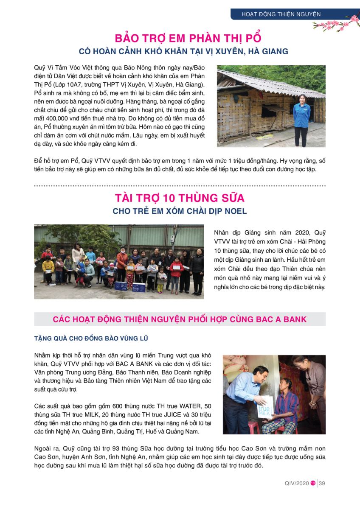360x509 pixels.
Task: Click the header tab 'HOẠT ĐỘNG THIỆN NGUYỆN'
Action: pyautogui.click(x=281, y=14)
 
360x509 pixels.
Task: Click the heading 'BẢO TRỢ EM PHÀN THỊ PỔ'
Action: pyautogui.click(x=183, y=39)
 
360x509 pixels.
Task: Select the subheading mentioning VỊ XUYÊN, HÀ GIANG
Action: pyautogui.click(x=183, y=51)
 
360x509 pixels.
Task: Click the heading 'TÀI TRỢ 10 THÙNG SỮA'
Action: pyautogui.click(x=180, y=198)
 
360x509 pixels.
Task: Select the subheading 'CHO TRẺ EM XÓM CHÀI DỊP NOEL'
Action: pyautogui.click(x=180, y=211)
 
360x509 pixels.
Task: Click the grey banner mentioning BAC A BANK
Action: pyautogui.click(x=180, y=319)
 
